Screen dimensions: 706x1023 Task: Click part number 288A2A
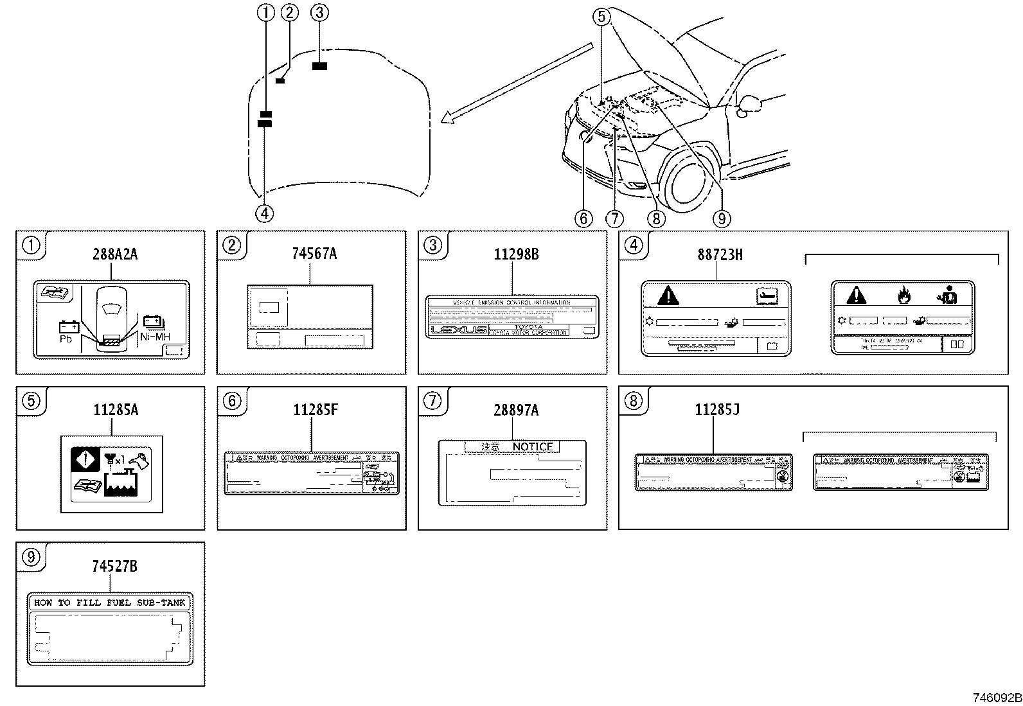[x=115, y=254]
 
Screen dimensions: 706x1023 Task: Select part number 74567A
[x=314, y=254]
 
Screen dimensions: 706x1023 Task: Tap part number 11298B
[x=515, y=254]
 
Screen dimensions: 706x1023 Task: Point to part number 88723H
[x=720, y=255]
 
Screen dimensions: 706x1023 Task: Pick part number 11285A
[x=116, y=410]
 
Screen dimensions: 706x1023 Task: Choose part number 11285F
[x=315, y=410]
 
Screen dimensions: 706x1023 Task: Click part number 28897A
[x=515, y=410]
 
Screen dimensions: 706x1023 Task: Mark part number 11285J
[x=716, y=410]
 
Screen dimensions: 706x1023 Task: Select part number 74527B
[x=114, y=566]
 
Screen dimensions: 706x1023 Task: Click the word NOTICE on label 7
[x=532, y=446]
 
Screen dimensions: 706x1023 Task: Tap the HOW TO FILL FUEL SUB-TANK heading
[x=110, y=603]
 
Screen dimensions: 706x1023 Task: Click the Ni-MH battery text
[x=154, y=335]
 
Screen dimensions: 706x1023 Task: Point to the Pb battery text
[x=66, y=339]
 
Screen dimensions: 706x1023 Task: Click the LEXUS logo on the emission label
[x=458, y=330]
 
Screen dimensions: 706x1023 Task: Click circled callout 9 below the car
[x=721, y=219]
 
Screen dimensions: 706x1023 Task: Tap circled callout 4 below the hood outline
[x=264, y=213]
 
